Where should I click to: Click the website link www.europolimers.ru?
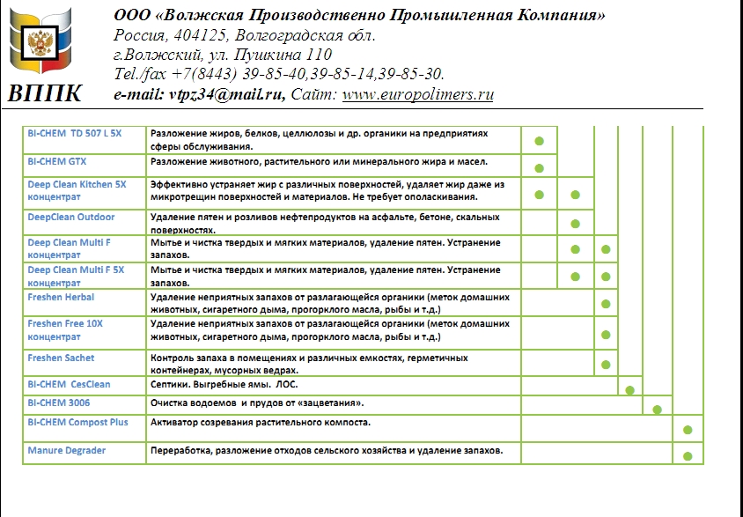[x=417, y=94]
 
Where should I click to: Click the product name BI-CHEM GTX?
[x=57, y=162]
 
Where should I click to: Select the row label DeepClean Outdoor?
[x=71, y=217]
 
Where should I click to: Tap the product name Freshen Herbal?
[x=61, y=298]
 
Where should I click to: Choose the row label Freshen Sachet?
[x=61, y=358]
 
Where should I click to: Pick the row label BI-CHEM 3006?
[x=59, y=403]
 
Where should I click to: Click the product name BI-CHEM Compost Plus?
[x=77, y=423]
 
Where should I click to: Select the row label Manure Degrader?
[x=67, y=451]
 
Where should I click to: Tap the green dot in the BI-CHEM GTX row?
[x=540, y=167]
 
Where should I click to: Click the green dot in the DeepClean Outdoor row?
[x=575, y=224]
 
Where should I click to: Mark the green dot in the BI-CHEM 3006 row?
[x=657, y=410]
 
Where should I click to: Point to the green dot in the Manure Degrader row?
[x=688, y=456]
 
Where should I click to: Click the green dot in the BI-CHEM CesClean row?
[x=629, y=389]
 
